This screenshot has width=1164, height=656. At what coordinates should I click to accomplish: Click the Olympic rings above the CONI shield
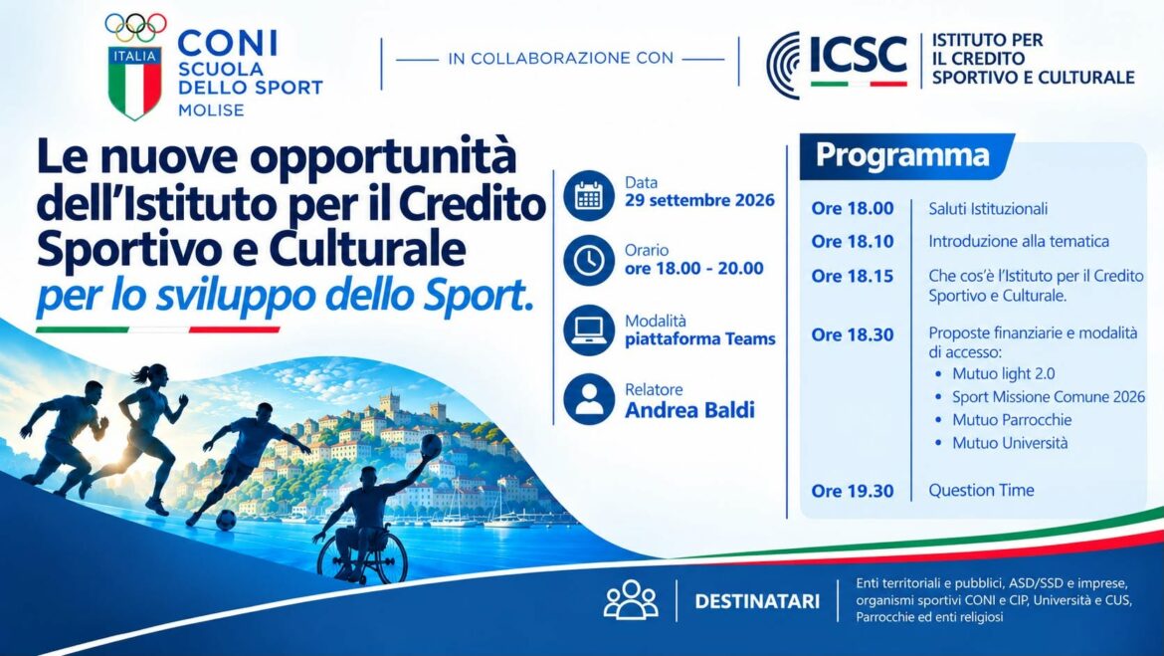(136, 28)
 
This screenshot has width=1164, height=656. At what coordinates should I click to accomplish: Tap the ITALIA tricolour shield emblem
(134, 83)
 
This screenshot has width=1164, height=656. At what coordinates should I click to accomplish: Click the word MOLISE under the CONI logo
(211, 109)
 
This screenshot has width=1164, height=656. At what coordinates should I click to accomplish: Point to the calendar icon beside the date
(589, 195)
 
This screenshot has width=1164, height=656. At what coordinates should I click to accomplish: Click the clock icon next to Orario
(589, 261)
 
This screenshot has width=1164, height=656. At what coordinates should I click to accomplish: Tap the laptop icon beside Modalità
(589, 329)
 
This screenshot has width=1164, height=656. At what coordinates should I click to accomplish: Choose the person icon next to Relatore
(589, 399)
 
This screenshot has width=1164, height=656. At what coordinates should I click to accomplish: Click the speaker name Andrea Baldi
(689, 410)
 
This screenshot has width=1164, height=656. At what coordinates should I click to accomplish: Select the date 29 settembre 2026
(699, 200)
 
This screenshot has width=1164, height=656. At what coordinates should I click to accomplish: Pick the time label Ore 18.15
(853, 276)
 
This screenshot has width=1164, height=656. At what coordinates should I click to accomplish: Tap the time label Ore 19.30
(853, 491)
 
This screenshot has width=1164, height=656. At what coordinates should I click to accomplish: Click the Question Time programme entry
(981, 491)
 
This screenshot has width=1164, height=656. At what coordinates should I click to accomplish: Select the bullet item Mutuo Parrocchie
(1012, 420)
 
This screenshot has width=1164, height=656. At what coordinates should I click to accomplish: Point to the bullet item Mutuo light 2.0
(1003, 373)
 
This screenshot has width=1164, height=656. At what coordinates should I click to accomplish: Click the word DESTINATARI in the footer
(757, 602)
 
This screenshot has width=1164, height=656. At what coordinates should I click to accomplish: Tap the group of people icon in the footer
(631, 599)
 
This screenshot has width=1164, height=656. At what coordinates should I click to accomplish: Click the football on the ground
(226, 520)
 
